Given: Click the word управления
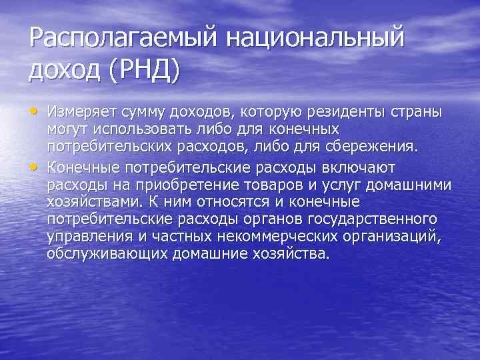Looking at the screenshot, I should coord(89,238).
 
